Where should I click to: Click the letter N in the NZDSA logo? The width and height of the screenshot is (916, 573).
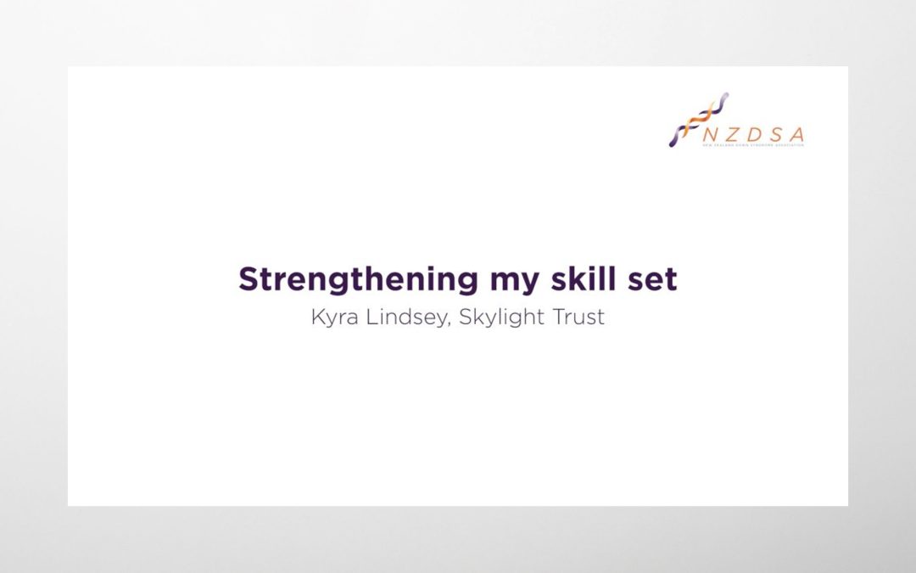click(x=708, y=134)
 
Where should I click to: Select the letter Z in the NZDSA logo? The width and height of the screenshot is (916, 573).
click(x=732, y=134)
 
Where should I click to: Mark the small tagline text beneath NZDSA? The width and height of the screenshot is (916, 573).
click(x=753, y=145)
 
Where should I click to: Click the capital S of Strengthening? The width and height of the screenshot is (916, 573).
click(x=248, y=279)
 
